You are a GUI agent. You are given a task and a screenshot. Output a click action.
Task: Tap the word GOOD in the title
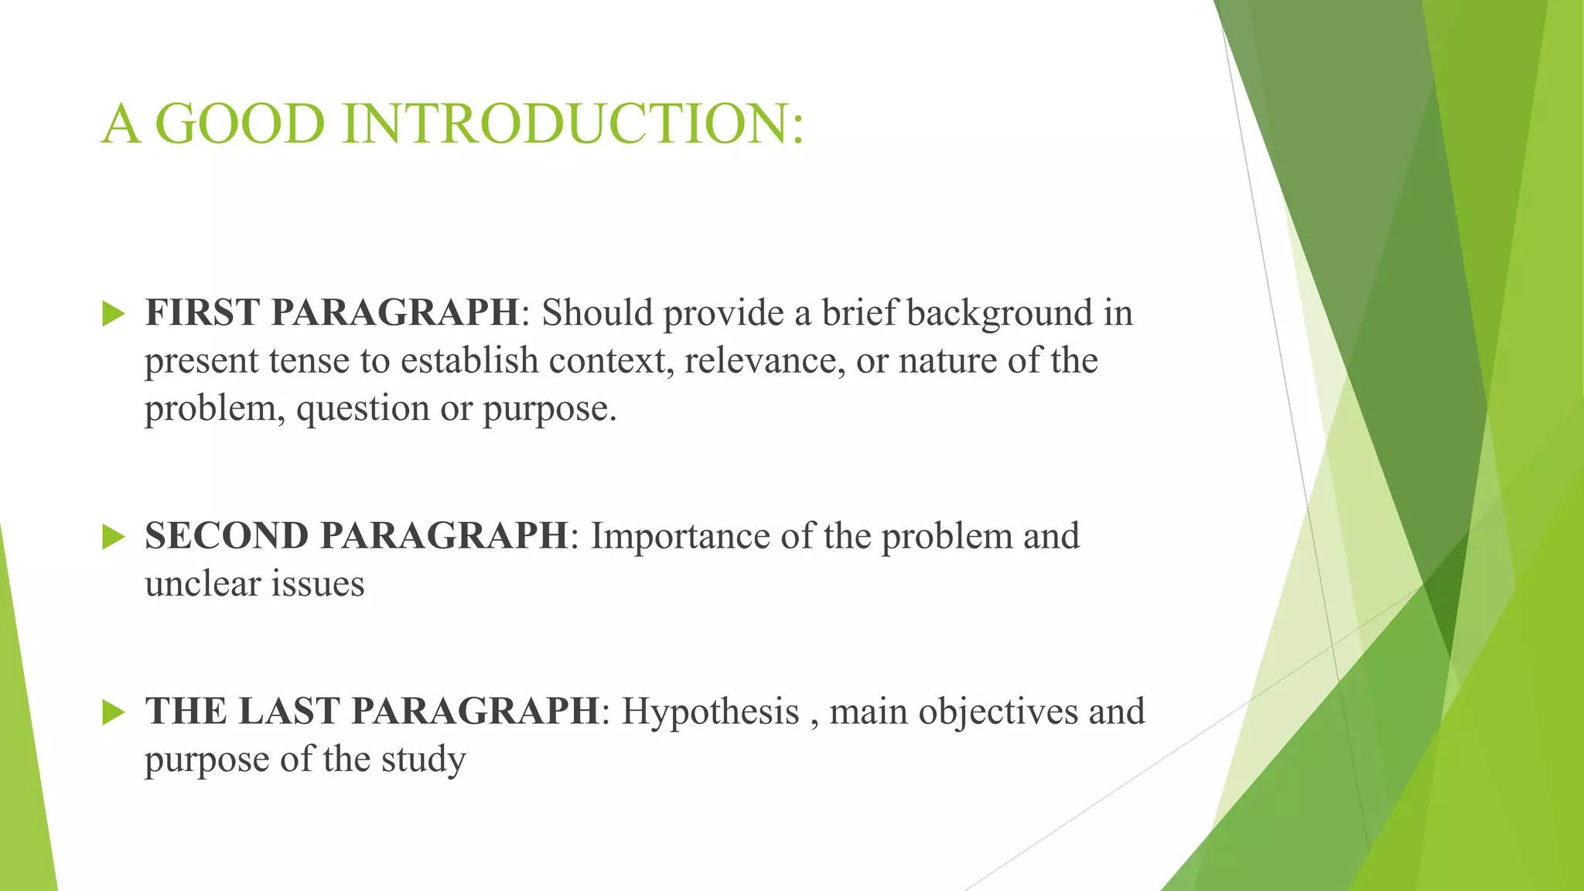click(240, 124)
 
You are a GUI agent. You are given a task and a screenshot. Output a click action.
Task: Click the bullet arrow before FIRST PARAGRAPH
click(113, 314)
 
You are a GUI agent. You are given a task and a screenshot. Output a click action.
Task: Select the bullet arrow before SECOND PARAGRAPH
click(113, 537)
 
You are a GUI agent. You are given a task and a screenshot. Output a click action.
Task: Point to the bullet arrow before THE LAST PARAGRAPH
click(113, 712)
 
